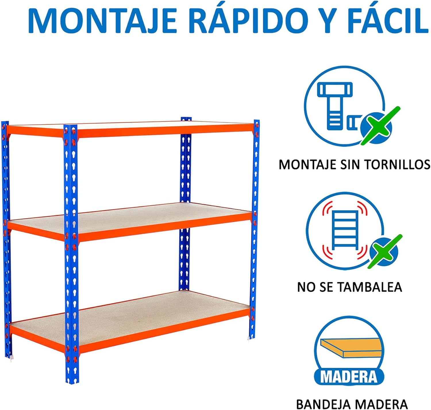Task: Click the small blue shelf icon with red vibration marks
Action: coord(345,231)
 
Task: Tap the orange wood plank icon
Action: coord(349,347)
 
